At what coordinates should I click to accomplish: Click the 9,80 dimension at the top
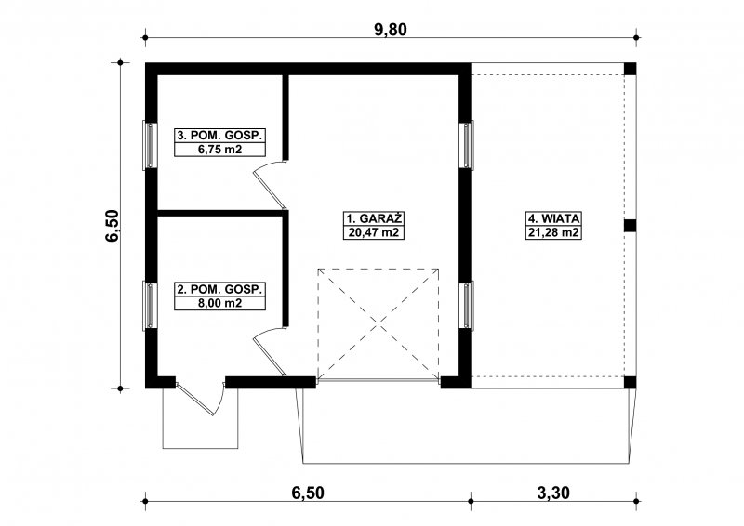tap(391, 30)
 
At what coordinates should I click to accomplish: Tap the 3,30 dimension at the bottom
tap(553, 493)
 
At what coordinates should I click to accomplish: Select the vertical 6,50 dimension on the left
tap(113, 225)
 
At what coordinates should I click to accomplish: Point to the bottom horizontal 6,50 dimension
tap(308, 493)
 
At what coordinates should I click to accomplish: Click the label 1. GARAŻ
tap(374, 218)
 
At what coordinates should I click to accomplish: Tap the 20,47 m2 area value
tap(374, 232)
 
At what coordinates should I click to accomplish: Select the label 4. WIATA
tap(554, 218)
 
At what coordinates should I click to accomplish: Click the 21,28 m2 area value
tap(554, 232)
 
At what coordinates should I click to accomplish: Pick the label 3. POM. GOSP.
tap(219, 135)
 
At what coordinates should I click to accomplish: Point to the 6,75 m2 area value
tap(219, 150)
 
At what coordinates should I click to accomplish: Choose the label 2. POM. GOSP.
tap(219, 289)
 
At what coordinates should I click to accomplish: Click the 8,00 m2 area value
tap(219, 303)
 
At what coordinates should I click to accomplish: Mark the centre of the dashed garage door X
tap(379, 324)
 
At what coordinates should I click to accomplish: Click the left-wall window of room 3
tap(150, 144)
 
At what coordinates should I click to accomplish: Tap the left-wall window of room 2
tap(150, 306)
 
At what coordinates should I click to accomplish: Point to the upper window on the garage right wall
tap(467, 144)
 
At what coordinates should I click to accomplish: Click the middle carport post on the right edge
tap(630, 225)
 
